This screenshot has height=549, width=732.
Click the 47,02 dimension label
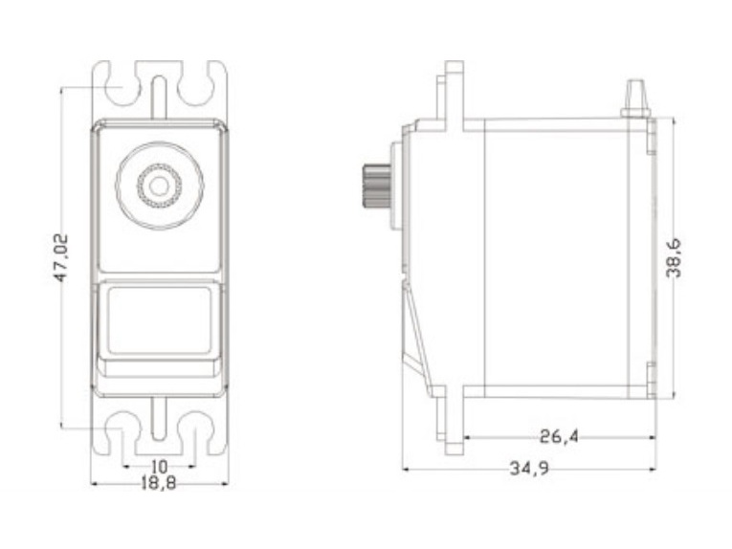point(61,258)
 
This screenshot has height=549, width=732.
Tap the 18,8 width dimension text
point(159,483)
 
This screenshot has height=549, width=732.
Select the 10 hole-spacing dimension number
point(159,466)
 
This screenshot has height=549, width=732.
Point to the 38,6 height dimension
point(674,258)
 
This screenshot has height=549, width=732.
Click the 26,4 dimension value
point(559,437)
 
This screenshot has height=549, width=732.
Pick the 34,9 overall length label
point(529,469)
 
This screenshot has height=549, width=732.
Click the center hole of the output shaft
point(159,187)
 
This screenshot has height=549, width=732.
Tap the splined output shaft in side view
point(376,187)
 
